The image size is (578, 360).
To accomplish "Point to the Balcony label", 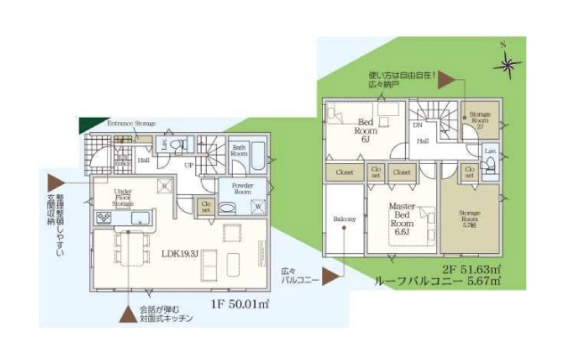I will click(x=344, y=219).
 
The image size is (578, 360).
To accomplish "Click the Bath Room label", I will click(x=239, y=150).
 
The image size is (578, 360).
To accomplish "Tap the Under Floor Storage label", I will click(x=124, y=197).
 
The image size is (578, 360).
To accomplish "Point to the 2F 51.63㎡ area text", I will click(x=471, y=270).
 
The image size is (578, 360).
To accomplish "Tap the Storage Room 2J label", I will click(x=480, y=119).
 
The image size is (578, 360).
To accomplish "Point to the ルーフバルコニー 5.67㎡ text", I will click(x=438, y=281).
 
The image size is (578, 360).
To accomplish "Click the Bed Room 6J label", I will click(x=365, y=131).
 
